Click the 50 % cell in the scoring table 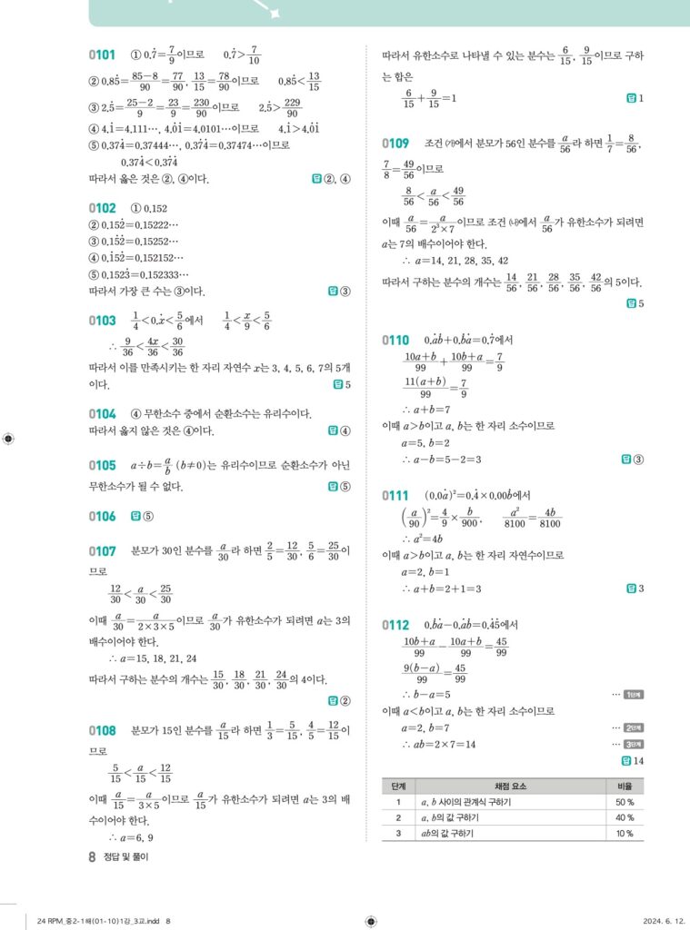click(x=625, y=802)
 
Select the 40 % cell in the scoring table click(x=625, y=817)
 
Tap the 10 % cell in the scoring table click(x=625, y=833)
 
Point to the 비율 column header click(x=625, y=786)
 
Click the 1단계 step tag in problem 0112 click(x=634, y=695)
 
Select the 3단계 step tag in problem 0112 click(x=634, y=744)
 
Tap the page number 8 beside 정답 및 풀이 click(x=92, y=856)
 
